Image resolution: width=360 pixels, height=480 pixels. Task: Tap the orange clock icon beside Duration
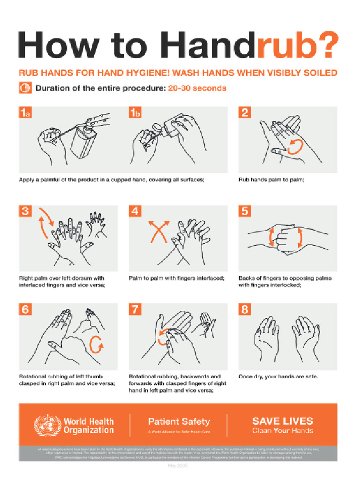tap(24, 88)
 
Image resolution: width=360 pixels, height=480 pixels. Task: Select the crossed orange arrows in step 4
tap(158, 232)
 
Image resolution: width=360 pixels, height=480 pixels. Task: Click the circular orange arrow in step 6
tap(96, 346)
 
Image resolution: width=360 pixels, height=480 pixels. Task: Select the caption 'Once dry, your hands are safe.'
tap(278, 376)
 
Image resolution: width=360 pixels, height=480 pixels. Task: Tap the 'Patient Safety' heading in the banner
tap(179, 421)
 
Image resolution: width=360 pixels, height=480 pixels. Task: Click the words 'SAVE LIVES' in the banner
tap(283, 421)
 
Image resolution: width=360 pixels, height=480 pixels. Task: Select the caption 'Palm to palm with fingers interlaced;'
tap(177, 278)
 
